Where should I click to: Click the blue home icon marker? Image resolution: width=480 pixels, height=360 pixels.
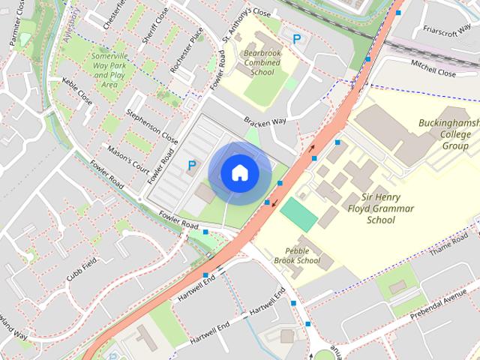(239, 173)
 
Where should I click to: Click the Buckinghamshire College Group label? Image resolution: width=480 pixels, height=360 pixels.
(448, 133)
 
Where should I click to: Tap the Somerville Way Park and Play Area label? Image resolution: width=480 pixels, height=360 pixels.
(109, 70)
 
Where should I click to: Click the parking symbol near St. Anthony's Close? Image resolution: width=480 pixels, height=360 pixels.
(297, 39)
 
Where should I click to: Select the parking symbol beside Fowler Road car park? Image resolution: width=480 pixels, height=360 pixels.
(192, 165)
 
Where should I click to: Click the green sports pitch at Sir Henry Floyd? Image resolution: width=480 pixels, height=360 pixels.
(299, 214)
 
